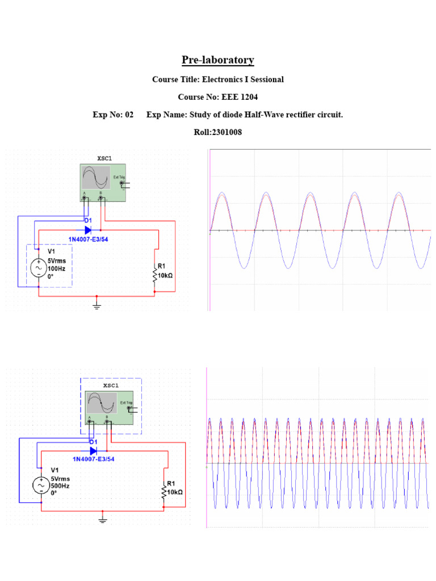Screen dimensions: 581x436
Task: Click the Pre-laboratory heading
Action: click(x=217, y=60)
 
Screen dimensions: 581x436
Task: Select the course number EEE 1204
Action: click(x=238, y=97)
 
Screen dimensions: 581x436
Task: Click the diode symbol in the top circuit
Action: click(x=89, y=230)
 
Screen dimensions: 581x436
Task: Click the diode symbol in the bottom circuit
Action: click(x=94, y=451)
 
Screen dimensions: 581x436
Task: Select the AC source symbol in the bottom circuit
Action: click(x=41, y=486)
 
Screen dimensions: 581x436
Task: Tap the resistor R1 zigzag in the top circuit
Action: click(x=154, y=275)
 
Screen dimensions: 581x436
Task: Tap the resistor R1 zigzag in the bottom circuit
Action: click(x=164, y=492)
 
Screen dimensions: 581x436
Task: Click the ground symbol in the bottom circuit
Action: click(x=103, y=519)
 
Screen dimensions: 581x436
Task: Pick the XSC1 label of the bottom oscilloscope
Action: click(x=111, y=385)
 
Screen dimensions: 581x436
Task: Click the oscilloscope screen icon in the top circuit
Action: click(x=95, y=178)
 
